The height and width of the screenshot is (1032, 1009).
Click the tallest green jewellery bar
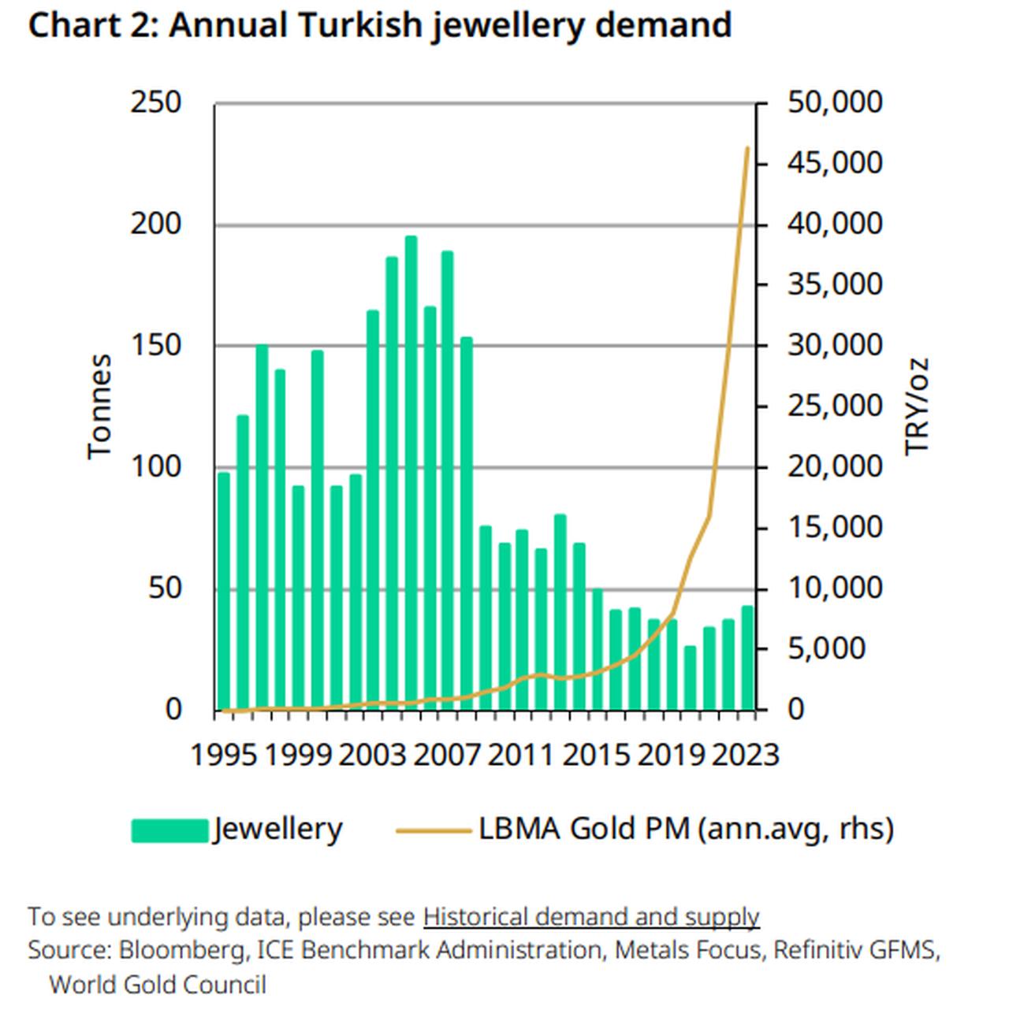tap(411, 473)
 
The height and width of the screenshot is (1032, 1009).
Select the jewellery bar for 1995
tap(224, 591)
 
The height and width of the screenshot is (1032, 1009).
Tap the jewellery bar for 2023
tap(747, 657)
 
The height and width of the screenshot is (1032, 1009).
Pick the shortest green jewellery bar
tap(691, 677)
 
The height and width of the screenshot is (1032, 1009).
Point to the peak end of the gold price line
tap(747, 148)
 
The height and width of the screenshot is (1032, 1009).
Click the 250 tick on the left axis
tap(155, 102)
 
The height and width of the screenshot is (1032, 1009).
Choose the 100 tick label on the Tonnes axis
tap(155, 466)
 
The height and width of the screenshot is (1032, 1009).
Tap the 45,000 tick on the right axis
tap(835, 163)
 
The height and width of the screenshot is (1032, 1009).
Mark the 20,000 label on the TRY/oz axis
tap(835, 466)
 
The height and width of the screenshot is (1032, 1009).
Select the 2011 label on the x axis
tap(520, 755)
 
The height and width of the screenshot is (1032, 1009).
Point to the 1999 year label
tap(297, 755)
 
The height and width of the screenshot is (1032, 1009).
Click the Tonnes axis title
tap(99, 406)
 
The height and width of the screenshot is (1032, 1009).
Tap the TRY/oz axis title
tap(917, 406)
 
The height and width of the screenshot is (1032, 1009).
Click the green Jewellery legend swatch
tap(169, 830)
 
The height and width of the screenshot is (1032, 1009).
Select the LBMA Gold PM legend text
tap(686, 829)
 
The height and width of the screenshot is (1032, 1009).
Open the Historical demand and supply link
tap(591, 917)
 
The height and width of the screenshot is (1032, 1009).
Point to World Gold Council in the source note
tap(158, 985)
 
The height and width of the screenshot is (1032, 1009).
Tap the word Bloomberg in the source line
tap(181, 950)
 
